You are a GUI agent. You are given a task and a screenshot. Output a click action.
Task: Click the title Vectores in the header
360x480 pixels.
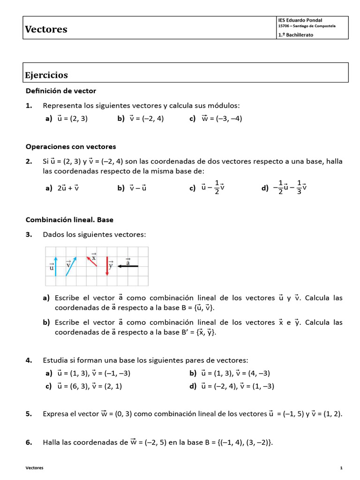(x=46, y=30)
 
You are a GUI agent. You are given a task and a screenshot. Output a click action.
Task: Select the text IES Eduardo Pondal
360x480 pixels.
(x=300, y=20)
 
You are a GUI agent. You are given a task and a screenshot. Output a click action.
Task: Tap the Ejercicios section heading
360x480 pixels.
(x=46, y=75)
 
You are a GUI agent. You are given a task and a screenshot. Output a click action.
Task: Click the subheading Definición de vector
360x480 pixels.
(x=61, y=90)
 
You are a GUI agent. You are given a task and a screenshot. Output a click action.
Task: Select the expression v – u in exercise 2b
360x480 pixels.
(x=138, y=188)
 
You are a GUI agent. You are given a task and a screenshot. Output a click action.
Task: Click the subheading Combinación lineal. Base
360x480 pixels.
(x=69, y=219)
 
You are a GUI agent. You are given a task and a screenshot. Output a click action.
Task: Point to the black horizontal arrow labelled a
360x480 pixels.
(x=127, y=266)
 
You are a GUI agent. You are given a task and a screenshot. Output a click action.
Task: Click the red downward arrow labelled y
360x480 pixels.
(x=107, y=266)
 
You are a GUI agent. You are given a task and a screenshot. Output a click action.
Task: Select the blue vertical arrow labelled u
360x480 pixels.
(x=56, y=266)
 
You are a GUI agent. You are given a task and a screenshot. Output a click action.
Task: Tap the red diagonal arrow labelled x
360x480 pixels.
(x=92, y=261)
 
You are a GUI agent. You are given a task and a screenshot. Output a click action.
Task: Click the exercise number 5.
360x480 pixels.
(x=29, y=414)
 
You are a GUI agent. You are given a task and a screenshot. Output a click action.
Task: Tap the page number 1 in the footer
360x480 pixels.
(x=341, y=468)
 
